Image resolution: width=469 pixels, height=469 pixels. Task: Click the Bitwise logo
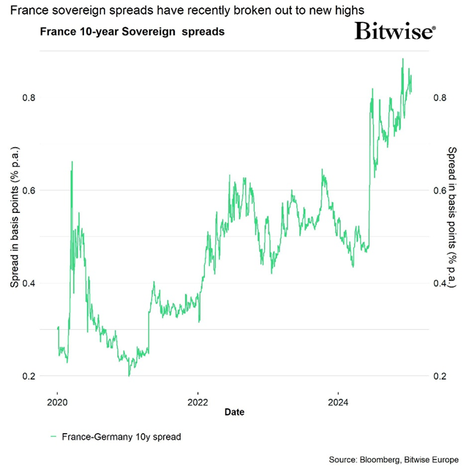click(x=395, y=31)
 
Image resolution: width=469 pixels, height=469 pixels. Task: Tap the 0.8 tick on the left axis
click(x=31, y=97)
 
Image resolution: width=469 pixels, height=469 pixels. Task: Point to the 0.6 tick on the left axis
click(x=31, y=190)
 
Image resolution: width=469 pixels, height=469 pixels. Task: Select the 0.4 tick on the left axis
click(x=31, y=283)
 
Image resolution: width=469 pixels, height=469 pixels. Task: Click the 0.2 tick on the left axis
click(x=31, y=376)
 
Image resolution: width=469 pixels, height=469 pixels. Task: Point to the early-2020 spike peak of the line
click(x=72, y=162)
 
